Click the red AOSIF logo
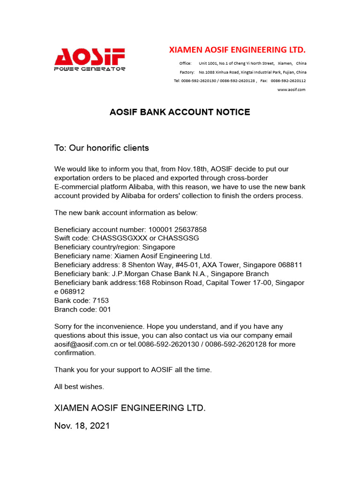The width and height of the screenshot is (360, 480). click(x=90, y=57)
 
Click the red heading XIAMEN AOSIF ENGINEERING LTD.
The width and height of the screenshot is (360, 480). click(x=237, y=50)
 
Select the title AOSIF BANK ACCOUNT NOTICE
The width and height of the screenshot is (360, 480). click(x=180, y=112)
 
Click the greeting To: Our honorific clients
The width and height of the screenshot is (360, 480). click(x=102, y=148)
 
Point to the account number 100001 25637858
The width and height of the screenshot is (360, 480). click(x=177, y=230)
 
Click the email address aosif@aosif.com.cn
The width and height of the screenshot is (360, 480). click(x=86, y=344)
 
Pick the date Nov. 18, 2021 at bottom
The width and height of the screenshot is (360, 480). click(x=82, y=426)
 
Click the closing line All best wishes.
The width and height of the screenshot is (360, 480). click(x=79, y=387)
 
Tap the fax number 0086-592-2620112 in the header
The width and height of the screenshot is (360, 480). click(x=288, y=81)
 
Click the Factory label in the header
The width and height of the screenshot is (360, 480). click(x=187, y=72)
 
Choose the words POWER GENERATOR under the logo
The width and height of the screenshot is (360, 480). click(x=90, y=69)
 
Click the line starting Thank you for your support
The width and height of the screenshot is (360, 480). click(x=133, y=370)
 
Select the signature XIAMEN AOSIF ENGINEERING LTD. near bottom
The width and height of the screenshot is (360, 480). click(x=130, y=408)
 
